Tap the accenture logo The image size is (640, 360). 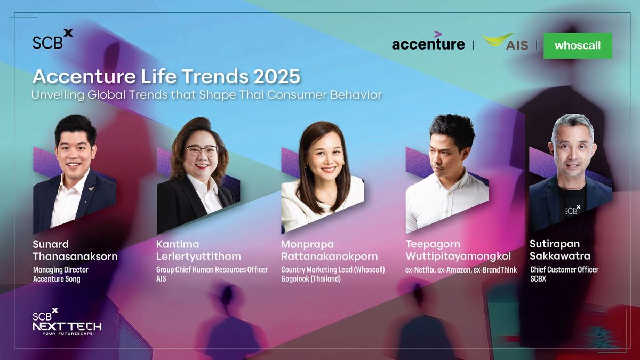coord(428,41)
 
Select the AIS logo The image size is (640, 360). coord(505,42)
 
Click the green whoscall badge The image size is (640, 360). coord(578,46)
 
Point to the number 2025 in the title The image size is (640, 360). coord(277,77)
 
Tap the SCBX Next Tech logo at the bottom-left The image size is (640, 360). coord(67,322)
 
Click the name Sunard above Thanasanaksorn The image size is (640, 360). coord(51,244)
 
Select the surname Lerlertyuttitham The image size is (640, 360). coord(198,257)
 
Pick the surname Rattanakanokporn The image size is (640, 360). coord(330,257)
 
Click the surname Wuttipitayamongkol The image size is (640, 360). coord(458,257)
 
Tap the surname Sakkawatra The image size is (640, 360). coord(559,256)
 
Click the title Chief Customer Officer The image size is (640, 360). coord(564,270)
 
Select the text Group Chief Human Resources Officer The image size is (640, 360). coord(212,270)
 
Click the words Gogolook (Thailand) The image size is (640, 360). coord(311,279)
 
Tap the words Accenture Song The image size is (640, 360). coord(57,279)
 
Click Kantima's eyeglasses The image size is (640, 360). coord(202,150)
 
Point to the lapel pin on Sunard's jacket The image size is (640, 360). coord(92,189)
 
